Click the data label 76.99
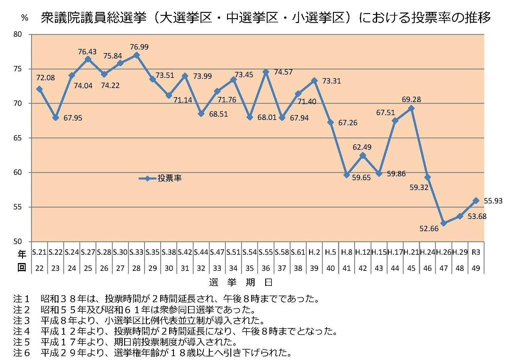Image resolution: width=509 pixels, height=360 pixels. point(139,47)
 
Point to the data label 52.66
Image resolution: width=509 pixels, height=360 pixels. point(429,229)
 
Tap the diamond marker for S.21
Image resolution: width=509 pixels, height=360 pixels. point(39,89)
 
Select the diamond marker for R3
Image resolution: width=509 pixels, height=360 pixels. point(476,201)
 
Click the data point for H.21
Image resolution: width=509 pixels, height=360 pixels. point(411,108)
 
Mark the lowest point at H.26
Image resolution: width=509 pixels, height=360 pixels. point(443,223)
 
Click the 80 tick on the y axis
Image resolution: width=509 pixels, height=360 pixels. point(18,34)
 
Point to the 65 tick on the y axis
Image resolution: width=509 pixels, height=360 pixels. point(18,138)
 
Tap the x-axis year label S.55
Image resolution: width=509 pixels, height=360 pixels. point(266,252)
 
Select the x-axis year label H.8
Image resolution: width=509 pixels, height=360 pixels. point(346,252)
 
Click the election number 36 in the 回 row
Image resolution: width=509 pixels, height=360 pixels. point(266,268)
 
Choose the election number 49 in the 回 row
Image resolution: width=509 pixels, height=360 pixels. point(476,268)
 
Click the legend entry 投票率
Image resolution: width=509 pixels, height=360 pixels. point(169,178)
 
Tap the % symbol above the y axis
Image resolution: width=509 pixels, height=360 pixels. point(25,18)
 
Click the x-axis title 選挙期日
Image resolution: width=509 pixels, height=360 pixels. point(241,282)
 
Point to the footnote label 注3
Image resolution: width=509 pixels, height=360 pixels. point(22,321)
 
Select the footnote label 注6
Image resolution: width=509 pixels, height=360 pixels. point(22,353)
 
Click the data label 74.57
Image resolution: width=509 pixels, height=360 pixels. point(283,72)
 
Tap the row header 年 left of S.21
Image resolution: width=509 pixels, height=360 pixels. point(22,254)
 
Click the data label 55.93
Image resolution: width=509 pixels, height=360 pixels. point(493,201)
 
